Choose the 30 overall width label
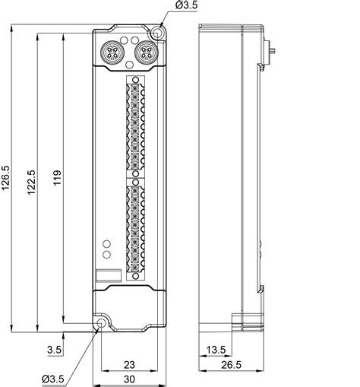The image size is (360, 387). click(129, 379)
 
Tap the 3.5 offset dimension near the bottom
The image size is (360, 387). click(54, 349)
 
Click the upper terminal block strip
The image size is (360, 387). click(134, 126)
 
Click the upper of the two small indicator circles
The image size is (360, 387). click(106, 244)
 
